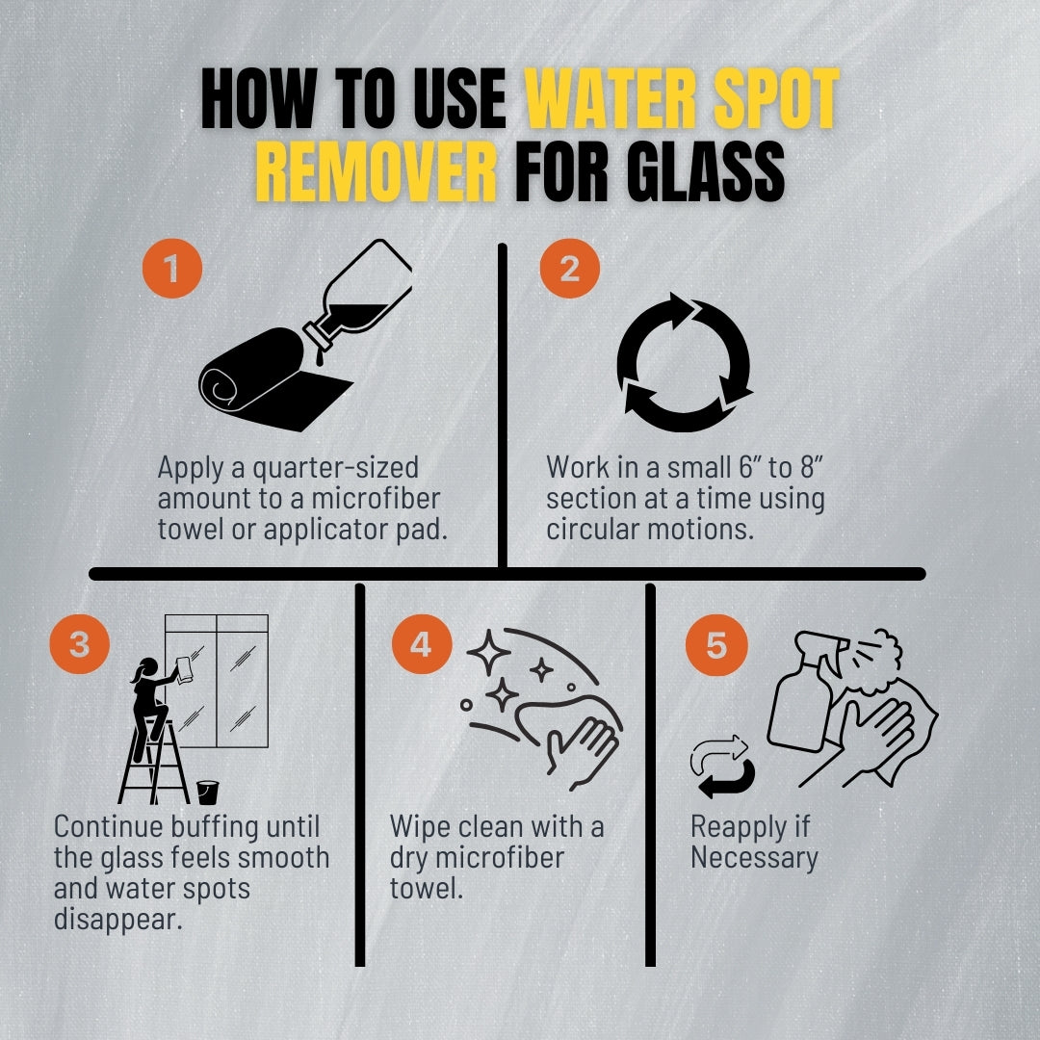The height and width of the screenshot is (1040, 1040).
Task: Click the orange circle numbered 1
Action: (x=173, y=271)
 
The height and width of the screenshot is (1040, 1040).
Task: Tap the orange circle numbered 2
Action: (x=569, y=271)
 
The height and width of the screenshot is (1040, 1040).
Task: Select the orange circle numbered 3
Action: (x=79, y=644)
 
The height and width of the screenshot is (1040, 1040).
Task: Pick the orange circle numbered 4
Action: (x=421, y=644)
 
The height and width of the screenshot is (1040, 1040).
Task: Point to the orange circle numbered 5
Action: (x=716, y=644)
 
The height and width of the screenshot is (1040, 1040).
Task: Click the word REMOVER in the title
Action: (x=376, y=175)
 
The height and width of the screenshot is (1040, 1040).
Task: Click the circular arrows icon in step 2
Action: (x=684, y=363)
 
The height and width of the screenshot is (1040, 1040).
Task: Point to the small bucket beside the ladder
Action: (x=207, y=792)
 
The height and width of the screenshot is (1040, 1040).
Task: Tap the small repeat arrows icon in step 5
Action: (x=722, y=767)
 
